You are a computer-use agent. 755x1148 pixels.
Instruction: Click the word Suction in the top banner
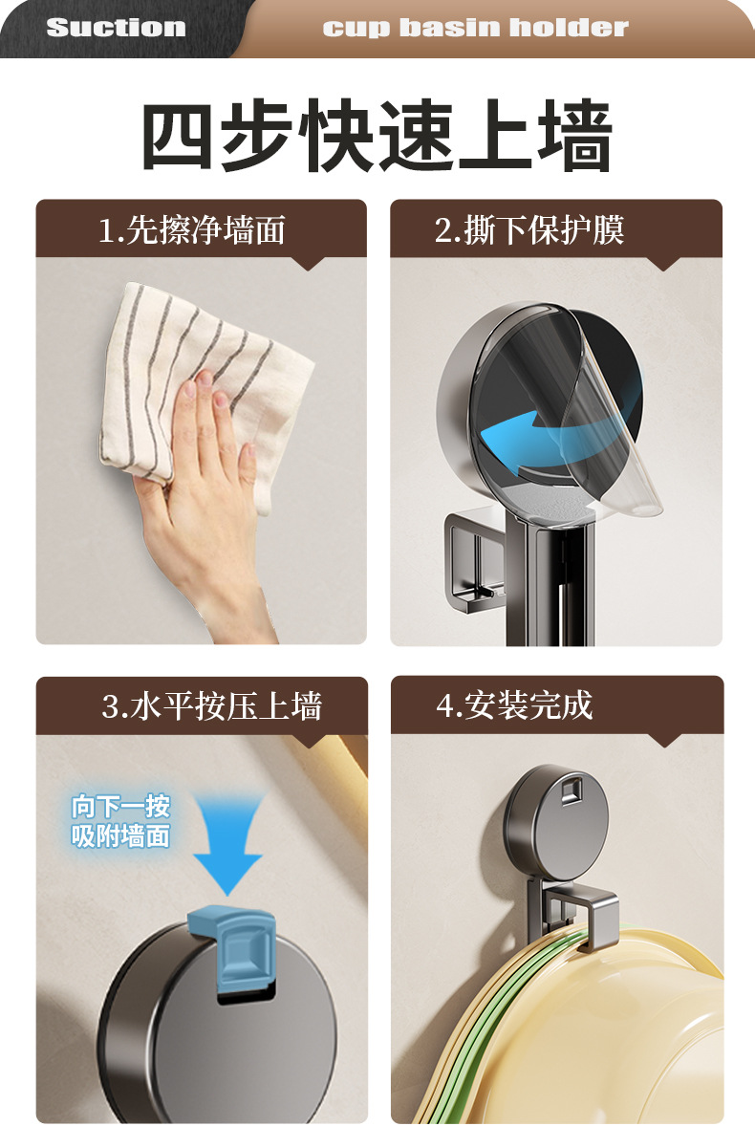[116, 28]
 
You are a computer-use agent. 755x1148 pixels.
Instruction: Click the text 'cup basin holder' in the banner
[475, 28]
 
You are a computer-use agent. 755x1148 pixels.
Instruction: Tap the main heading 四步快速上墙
[377, 137]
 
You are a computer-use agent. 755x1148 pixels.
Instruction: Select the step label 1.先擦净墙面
[192, 230]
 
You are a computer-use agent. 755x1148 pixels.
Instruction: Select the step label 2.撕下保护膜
[529, 230]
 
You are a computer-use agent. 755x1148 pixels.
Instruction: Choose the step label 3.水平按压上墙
[211, 706]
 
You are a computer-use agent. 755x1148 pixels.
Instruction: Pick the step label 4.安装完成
[514, 705]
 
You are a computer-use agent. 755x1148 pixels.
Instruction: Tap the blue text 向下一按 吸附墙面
[120, 821]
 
